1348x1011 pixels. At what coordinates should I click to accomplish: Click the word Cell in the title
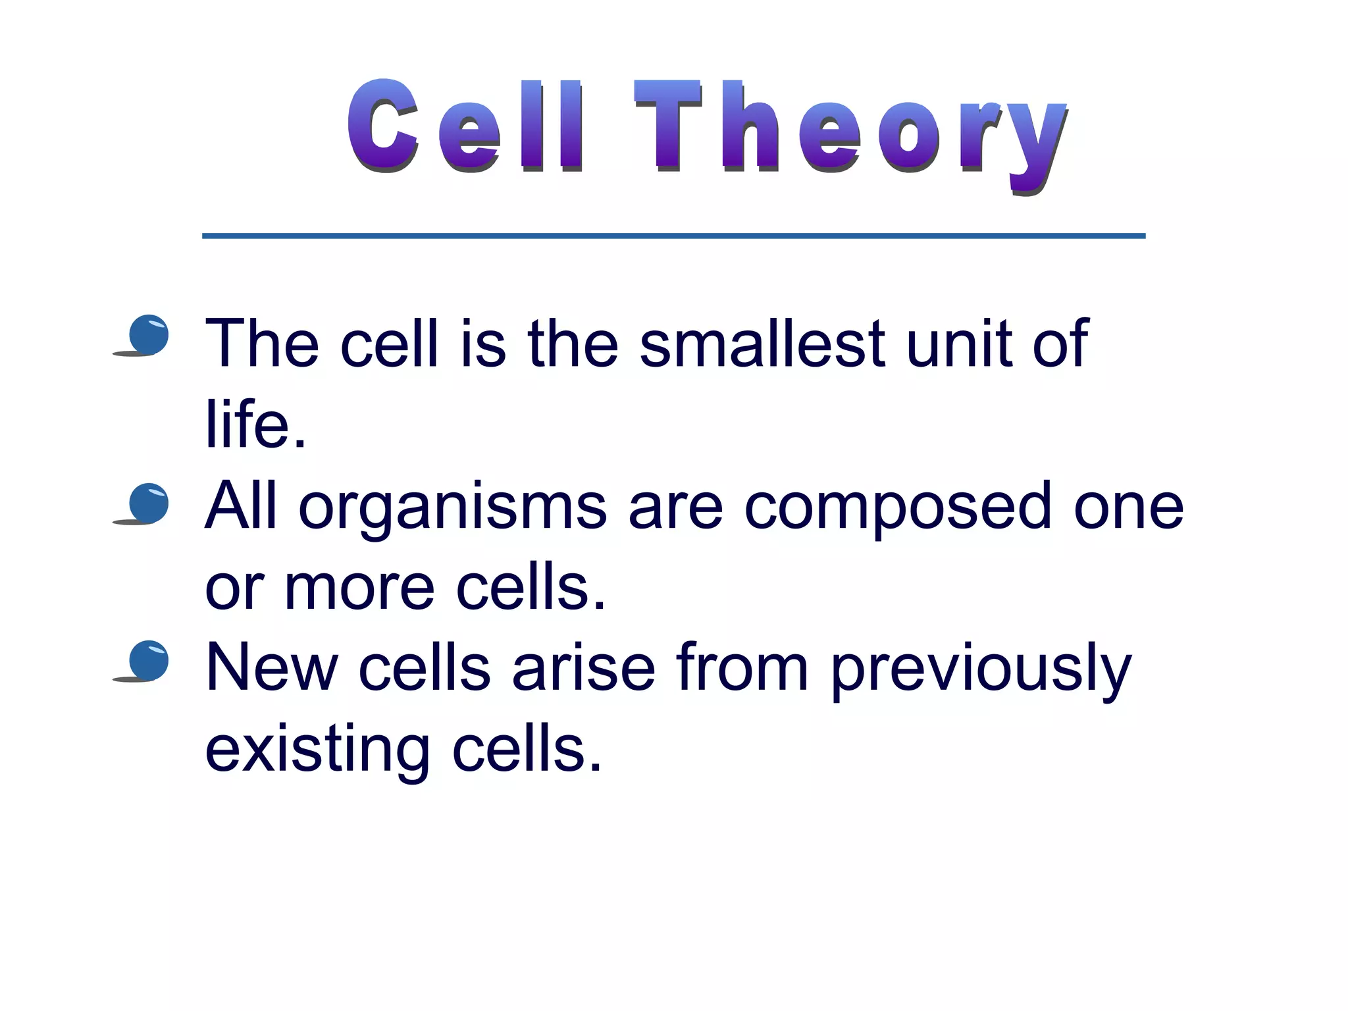(465, 126)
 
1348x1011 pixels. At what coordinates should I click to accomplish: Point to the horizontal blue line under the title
(673, 236)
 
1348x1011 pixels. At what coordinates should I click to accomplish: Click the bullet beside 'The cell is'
(148, 334)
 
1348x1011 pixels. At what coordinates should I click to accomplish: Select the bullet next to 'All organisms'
(148, 503)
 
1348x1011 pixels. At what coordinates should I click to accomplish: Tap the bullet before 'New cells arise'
(148, 660)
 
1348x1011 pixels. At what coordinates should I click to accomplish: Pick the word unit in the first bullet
(959, 344)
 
